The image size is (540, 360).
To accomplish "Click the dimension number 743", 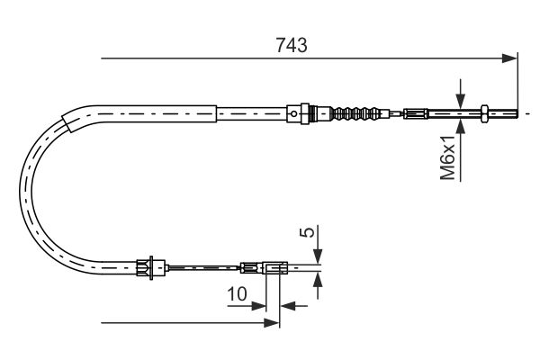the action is tap(292, 45).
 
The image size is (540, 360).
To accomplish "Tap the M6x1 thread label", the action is tap(448, 157).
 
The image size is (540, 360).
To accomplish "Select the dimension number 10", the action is tap(237, 294).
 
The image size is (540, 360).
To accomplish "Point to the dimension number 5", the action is tap(308, 231).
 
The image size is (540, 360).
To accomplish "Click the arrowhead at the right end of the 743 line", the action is tap(509, 58).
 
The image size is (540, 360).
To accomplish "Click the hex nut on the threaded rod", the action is tap(484, 113).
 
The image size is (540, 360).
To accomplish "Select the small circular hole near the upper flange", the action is tap(293, 113).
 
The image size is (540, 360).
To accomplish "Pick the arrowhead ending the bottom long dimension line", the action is tap(272, 323).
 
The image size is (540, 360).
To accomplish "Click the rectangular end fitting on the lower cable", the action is tap(274, 267).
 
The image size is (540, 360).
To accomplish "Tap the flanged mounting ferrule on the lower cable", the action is tap(150, 267).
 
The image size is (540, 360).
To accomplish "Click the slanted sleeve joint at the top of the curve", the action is tap(68, 122).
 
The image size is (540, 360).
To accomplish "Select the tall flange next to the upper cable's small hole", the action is tap(305, 113).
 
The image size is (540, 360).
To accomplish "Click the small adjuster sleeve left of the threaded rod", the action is tap(416, 113).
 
